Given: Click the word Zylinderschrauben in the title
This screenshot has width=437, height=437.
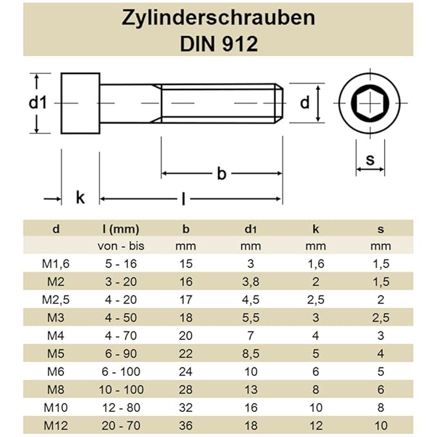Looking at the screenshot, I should (219, 17).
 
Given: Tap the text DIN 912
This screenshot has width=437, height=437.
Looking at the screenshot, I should (219, 43).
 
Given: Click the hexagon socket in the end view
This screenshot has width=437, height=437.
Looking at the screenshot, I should (371, 103).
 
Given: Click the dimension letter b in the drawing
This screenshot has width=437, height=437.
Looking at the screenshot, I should (222, 174).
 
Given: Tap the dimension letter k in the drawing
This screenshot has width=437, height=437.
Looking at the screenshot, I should (80, 198).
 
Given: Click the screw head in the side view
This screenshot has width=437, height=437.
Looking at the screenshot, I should (80, 103).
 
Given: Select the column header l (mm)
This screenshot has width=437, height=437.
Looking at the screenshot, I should (121, 228).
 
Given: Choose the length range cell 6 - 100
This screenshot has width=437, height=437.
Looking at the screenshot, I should (121, 371).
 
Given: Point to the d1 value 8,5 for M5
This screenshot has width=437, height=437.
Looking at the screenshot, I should (250, 353).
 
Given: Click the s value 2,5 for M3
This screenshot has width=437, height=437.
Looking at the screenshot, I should (380, 317).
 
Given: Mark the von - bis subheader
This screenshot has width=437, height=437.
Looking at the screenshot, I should (121, 246).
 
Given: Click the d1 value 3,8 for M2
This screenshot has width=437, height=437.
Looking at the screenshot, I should (250, 281).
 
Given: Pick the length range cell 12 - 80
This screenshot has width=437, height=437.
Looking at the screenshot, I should (121, 407).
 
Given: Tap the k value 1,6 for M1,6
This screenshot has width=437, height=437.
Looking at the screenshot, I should (315, 263).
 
